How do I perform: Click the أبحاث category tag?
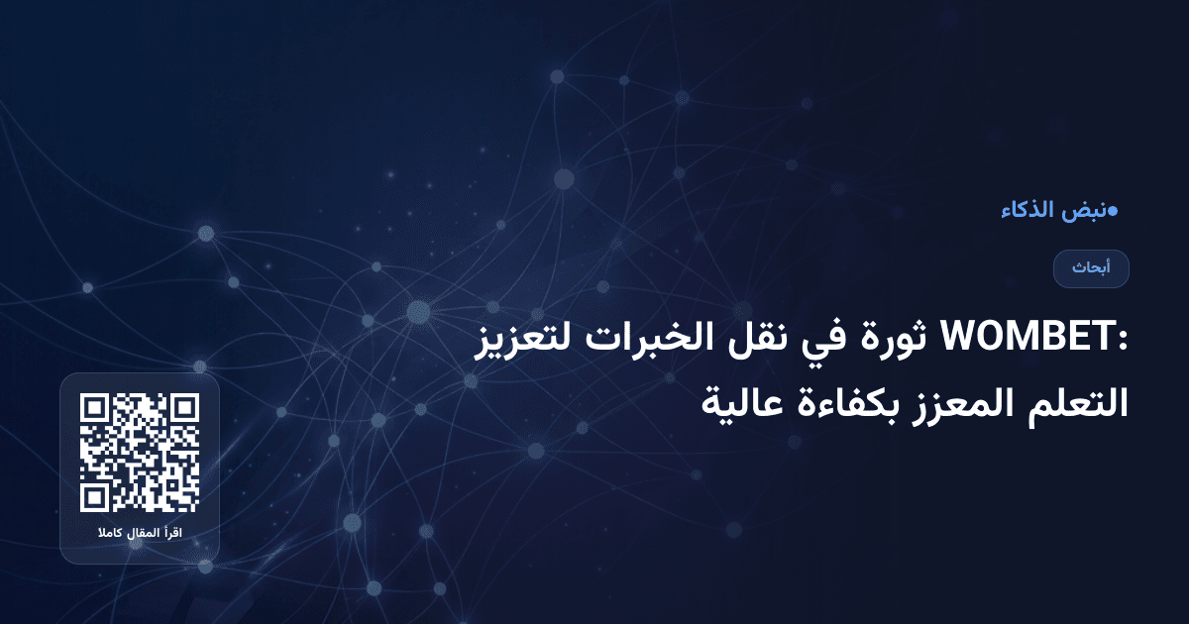coord(1091,268)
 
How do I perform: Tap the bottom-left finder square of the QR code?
coord(93,498)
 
